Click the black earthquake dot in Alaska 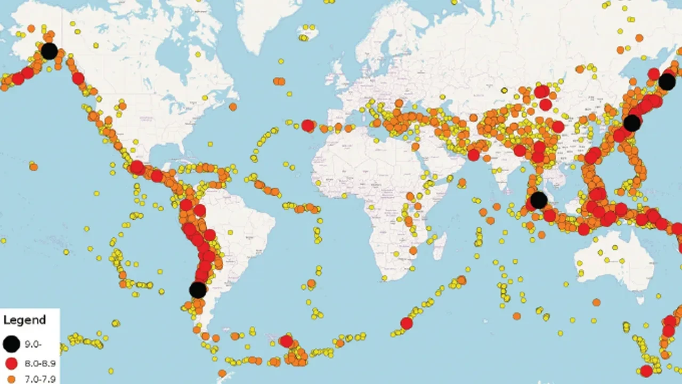pos(49,51)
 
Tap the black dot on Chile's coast pos(198,290)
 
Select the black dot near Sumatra pos(539,200)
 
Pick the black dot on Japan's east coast pos(632,123)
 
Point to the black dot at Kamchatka pos(667,82)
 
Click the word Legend pos(25,321)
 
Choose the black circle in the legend pos(11,344)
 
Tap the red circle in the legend pos(11,364)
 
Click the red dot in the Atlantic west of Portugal pos(307,126)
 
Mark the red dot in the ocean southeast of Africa pos(407,323)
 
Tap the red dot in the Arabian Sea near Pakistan pos(473,155)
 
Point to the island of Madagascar pos(440,245)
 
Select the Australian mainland pos(613,261)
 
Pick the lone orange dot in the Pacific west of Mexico pos(34,167)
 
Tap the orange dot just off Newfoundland pos(233,107)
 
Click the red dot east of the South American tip pos(286,341)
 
